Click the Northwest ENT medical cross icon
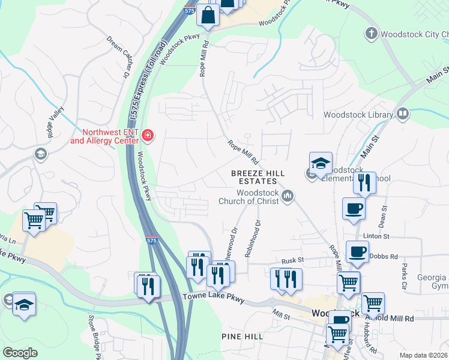147,136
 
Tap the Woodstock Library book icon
402,114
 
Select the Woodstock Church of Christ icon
288,196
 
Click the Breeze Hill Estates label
254,176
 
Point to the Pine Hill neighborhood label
242,337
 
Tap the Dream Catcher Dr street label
118,57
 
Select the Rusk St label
294,261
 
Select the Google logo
20,352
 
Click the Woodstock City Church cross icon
372,33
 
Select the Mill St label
280,312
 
